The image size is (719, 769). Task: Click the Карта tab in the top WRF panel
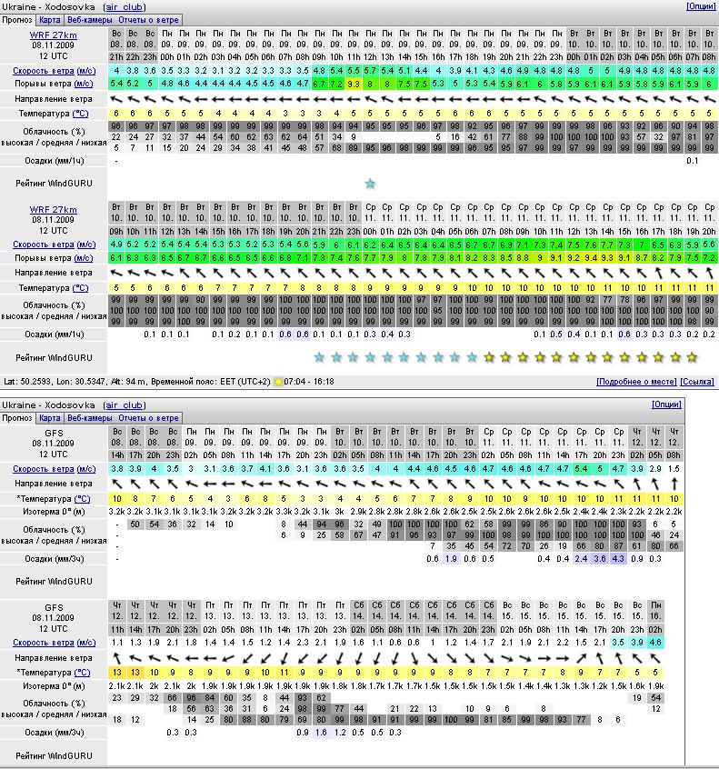click(50, 19)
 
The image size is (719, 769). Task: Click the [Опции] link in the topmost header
click(700, 6)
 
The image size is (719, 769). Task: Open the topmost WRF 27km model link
click(54, 35)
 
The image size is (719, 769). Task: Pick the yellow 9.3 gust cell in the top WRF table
click(354, 84)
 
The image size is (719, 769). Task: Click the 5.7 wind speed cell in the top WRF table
click(370, 70)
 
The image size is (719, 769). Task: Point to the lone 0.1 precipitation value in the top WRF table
click(693, 161)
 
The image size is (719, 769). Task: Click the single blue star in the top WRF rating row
click(370, 184)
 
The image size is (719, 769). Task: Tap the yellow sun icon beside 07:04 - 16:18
click(277, 382)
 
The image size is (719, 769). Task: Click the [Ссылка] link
click(697, 382)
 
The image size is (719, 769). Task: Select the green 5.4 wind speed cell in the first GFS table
click(582, 468)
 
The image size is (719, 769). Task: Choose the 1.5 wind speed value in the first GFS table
click(674, 468)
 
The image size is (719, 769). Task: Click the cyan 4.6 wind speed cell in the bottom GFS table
click(656, 642)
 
